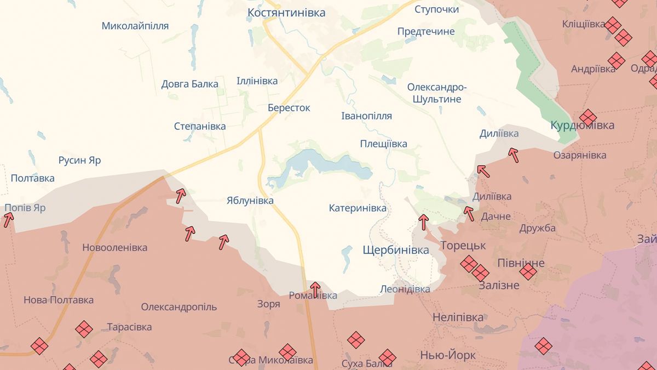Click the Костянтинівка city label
286,13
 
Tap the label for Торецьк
463,245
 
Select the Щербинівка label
396,251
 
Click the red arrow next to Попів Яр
8,220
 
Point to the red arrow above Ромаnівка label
315,288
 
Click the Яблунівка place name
250,201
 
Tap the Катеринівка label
358,208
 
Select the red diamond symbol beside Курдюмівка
587,117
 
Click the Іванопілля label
366,116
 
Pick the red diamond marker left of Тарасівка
84,329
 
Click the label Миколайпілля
135,26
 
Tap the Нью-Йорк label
448,355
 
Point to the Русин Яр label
80,161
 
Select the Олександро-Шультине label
437,93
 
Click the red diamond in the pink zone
543,346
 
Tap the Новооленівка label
114,248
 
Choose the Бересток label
289,108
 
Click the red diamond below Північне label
528,271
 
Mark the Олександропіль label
178,307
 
